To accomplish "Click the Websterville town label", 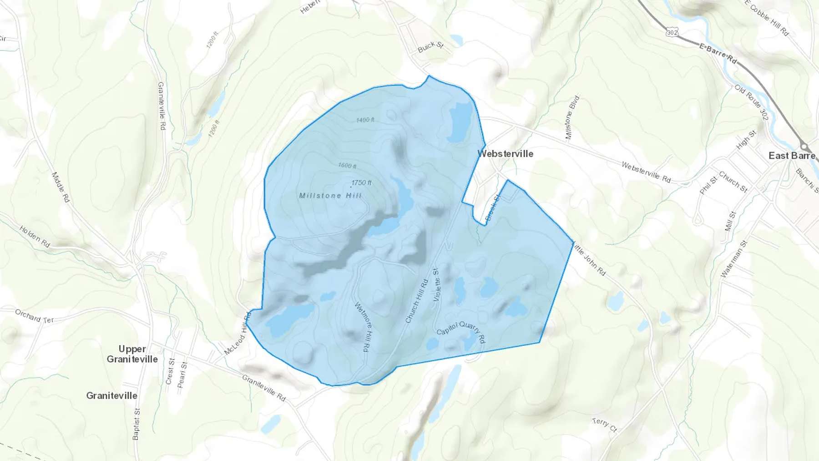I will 505,154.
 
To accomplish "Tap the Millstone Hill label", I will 330,196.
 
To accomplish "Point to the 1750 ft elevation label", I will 361,182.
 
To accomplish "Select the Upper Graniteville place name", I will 132,354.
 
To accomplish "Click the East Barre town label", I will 792,156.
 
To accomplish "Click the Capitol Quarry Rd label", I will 461,332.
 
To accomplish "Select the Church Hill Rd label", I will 417,301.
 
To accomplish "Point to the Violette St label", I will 437,285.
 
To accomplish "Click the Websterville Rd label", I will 646,172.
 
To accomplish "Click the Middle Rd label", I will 61,187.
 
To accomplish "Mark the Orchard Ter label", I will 35,316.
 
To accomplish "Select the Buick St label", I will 430,46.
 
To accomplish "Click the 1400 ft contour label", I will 365,120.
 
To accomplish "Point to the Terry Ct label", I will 604,425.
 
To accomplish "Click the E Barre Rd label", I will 718,53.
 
